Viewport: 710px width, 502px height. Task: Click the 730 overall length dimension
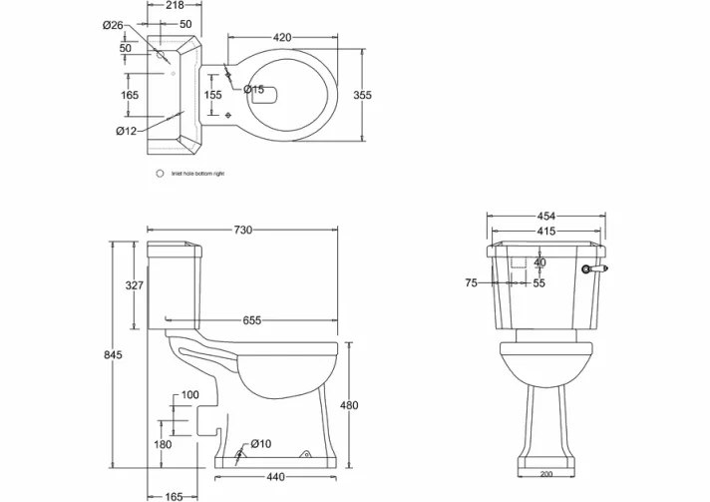243,230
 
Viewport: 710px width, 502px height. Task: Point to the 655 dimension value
252,320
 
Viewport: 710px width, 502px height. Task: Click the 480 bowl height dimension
348,405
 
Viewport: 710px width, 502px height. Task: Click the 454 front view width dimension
545,216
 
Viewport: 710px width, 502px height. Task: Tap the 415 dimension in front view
545,231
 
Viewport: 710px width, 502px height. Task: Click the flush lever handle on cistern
596,267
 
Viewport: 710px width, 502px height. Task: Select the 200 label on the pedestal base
545,475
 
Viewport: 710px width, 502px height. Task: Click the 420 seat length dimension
283,37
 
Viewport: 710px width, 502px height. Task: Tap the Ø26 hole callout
113,25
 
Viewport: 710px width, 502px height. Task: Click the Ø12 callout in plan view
126,131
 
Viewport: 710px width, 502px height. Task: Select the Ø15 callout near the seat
255,90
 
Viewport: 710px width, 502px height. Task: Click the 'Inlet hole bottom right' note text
197,174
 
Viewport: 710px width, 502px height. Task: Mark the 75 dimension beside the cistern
471,283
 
